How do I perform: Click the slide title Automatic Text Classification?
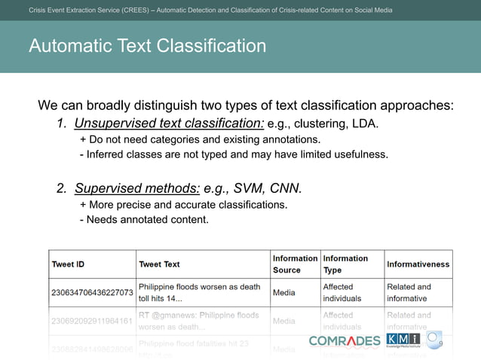tap(147, 46)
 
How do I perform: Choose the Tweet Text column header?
tap(159, 264)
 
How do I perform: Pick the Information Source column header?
tap(296, 264)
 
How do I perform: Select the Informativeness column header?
tap(418, 264)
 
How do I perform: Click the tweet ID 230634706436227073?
tap(93, 292)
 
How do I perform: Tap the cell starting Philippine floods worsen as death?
tap(200, 292)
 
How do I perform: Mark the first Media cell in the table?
tap(284, 292)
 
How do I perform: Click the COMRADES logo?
tap(345, 341)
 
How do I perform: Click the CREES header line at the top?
tap(210, 10)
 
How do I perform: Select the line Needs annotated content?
tap(143, 220)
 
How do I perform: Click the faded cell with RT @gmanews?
tap(200, 321)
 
